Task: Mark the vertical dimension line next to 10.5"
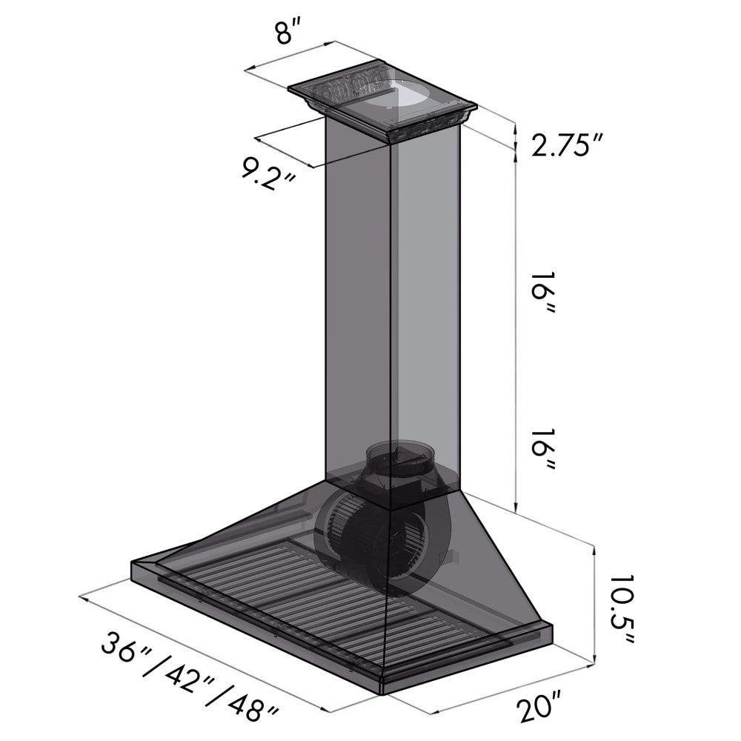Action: pos(595,604)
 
